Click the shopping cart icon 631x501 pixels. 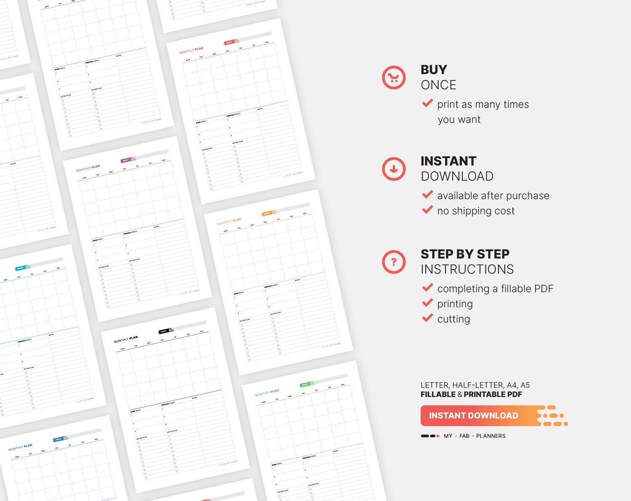coord(394,77)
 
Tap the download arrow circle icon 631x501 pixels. coord(394,169)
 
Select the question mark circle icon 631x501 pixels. coord(394,262)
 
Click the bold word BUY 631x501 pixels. coord(434,69)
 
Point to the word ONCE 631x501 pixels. coord(438,85)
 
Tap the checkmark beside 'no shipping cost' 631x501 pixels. coord(427,210)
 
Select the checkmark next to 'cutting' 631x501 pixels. coord(427,318)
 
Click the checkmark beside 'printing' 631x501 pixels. coord(427,303)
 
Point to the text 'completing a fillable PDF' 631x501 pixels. coord(495,289)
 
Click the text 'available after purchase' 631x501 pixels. coord(493,196)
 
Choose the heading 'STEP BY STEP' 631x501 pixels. coord(465,254)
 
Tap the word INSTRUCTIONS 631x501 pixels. coord(467,269)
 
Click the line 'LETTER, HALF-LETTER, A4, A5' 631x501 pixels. coord(475,385)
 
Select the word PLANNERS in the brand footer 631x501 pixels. coord(490,436)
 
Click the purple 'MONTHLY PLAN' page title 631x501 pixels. coord(88,168)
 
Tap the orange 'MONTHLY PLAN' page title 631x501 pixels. coord(229,221)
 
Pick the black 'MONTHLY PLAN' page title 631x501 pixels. coord(126,339)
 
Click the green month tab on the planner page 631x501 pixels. coord(305,385)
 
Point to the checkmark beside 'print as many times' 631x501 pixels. coord(427,103)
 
